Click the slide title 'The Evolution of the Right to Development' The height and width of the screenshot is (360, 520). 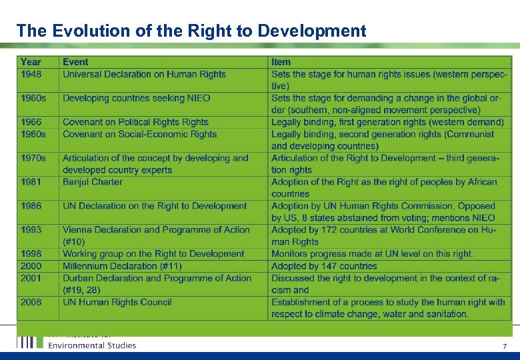coord(191,31)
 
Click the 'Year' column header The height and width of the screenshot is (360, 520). coord(31,62)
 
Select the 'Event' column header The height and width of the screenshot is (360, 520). coord(75,62)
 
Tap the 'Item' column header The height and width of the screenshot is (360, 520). coord(281,62)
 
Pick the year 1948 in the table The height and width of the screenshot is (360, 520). coord(31,74)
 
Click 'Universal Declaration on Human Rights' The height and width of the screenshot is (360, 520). coord(144,74)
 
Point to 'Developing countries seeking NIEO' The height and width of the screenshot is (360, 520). coord(136,98)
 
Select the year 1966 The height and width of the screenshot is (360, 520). coord(31,122)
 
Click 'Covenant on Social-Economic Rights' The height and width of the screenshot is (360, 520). coord(139,134)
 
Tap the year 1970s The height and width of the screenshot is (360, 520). coord(33,158)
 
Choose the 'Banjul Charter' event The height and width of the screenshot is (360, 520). coord(93,182)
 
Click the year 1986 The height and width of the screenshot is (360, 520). coord(31,206)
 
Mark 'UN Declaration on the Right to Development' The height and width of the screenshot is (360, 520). coord(155,206)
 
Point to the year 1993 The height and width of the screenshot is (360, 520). coord(31,229)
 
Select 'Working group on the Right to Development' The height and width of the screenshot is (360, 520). coord(153,254)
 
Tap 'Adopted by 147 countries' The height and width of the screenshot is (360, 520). coord(324,266)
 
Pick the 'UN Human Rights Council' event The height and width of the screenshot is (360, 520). coord(117,302)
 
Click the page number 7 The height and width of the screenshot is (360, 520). coord(505,346)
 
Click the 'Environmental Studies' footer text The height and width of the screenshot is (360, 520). coord(92,345)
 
